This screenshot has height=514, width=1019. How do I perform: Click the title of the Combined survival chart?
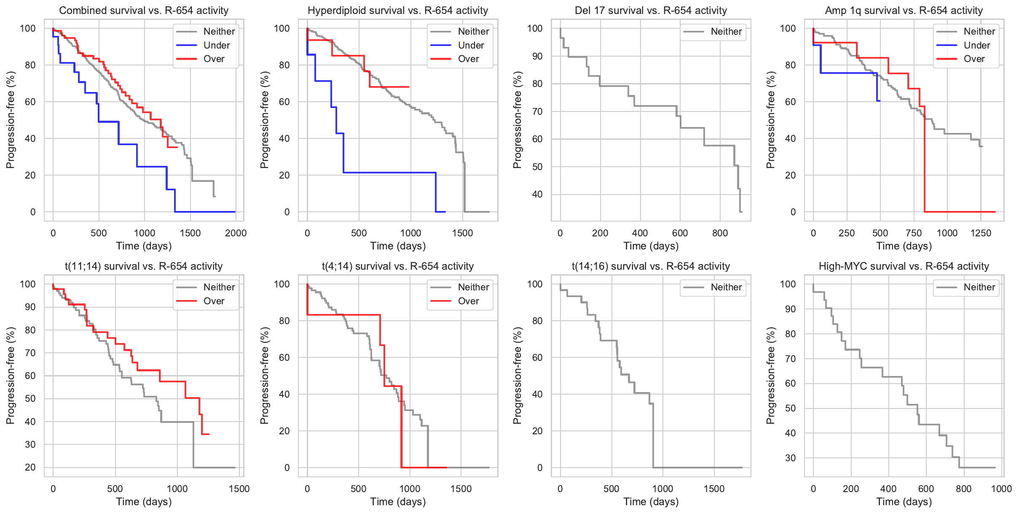144,11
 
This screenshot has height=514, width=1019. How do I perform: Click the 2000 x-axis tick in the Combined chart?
236,233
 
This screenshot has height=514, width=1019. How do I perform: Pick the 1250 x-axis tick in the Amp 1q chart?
981,233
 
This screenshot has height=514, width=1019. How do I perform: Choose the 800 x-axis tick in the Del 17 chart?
720,233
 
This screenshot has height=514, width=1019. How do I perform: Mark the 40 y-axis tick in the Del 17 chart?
537,195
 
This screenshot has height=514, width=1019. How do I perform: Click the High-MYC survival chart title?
904,266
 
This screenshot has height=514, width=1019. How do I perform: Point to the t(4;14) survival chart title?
398,266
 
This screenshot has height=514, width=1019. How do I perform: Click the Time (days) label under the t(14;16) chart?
651,502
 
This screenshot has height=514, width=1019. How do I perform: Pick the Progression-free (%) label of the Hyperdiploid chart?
264,120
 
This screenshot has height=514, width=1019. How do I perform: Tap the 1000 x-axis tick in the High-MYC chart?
1001,489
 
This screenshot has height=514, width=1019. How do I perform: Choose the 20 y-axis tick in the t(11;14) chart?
30,468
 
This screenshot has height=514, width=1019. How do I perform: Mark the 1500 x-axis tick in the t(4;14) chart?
461,489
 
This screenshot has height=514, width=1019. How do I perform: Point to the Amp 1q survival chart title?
904,11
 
